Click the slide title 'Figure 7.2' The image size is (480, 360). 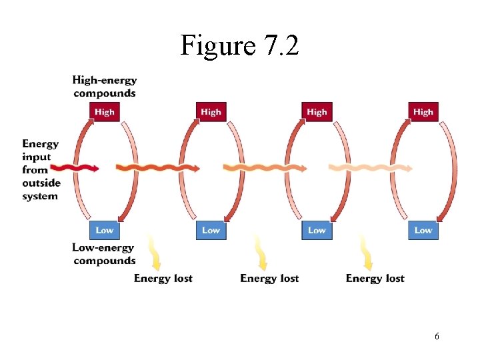239,45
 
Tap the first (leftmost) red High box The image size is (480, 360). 105,112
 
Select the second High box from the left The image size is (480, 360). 211,112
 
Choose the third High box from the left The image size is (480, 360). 317,112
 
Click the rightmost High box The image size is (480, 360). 423,112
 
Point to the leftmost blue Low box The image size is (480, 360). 105,230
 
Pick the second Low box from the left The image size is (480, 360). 211,230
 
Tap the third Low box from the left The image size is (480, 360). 317,230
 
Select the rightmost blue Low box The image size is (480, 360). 423,230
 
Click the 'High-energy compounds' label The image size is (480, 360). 105,87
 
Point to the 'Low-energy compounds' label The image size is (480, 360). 104,254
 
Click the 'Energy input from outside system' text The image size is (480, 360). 41,170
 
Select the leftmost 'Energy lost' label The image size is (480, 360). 163,278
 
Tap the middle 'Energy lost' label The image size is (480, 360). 269,278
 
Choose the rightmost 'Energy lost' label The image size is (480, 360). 375,278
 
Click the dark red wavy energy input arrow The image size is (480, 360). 74,167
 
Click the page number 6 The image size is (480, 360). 437,337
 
